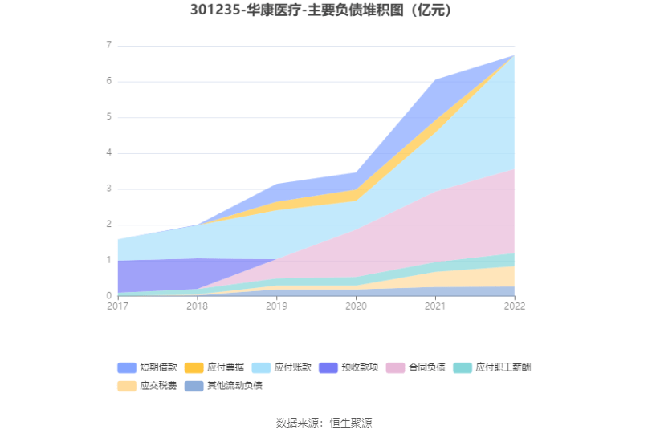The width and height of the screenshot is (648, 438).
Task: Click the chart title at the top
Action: [324, 11]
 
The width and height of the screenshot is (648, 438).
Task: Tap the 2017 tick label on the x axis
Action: [118, 306]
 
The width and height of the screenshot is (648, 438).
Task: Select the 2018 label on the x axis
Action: [198, 306]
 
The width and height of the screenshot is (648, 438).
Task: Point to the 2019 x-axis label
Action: [277, 306]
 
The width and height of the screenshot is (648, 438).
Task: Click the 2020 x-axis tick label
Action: [356, 306]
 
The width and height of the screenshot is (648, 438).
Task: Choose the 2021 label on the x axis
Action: [435, 306]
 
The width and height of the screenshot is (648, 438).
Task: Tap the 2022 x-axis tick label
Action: [514, 306]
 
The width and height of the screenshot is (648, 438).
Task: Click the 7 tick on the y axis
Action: [108, 46]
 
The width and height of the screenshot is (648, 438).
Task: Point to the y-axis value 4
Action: [108, 153]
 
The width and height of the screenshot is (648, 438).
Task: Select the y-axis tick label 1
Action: [108, 261]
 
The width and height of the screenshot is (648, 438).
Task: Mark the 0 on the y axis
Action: [108, 296]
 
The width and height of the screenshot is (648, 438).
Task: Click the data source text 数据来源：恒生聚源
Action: [324, 422]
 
